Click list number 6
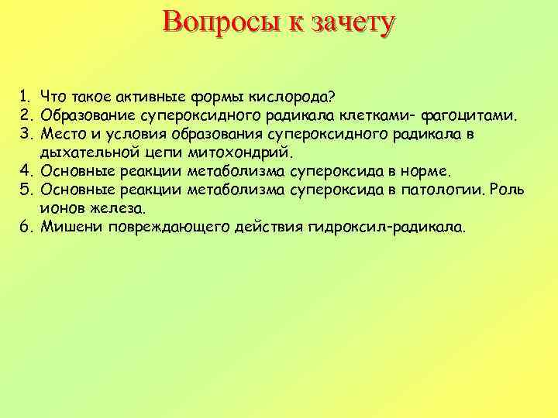coord(26,228)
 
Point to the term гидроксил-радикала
coord(387,228)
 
